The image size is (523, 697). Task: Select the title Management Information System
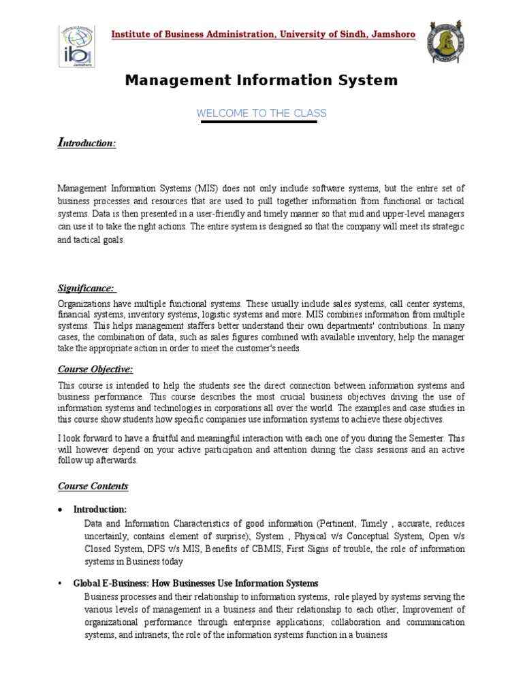pyautogui.click(x=261, y=80)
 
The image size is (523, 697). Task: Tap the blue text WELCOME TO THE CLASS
pyautogui.click(x=261, y=113)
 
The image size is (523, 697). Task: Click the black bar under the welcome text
pyautogui.click(x=261, y=123)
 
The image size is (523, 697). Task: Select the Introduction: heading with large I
pyautogui.click(x=87, y=143)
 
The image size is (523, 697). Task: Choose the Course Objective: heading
pyautogui.click(x=95, y=369)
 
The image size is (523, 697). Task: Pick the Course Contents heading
pyautogui.click(x=93, y=486)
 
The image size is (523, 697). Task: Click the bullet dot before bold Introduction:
pyautogui.click(x=61, y=510)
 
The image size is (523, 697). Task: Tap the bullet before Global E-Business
pyautogui.click(x=61, y=583)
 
